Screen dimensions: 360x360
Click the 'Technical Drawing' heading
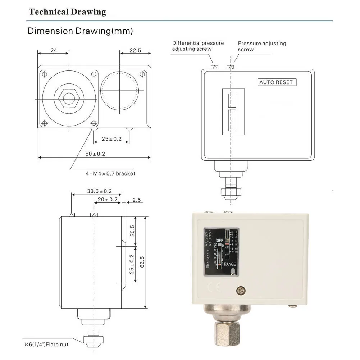[x=68, y=12]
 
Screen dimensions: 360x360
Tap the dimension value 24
[x=54, y=50]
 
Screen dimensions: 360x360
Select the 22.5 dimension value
[x=135, y=51]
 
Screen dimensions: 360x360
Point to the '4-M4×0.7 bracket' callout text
[x=110, y=173]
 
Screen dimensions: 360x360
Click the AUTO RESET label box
[x=276, y=82]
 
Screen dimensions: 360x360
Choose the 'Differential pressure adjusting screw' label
[x=198, y=46]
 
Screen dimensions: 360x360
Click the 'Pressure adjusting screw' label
[x=262, y=46]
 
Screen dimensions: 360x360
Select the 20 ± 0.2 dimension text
[x=108, y=199]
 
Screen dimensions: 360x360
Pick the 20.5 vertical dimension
[x=132, y=231]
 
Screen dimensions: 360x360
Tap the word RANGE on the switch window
[x=230, y=264]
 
